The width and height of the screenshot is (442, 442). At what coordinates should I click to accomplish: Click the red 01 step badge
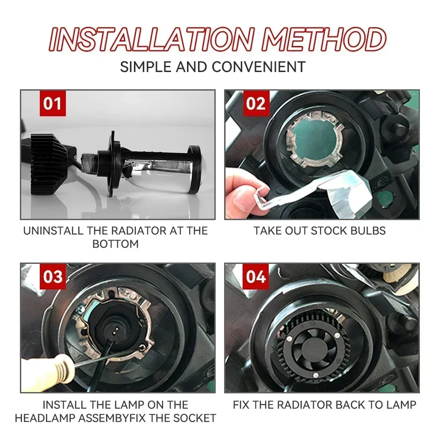coord(53,103)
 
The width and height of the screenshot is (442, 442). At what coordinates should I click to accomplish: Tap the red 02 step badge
coord(256,103)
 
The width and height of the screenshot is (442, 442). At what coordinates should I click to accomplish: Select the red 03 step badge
coord(53,277)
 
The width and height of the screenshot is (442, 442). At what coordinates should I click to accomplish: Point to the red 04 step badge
coord(256,277)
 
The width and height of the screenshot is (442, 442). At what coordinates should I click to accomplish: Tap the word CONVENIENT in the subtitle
coord(259,67)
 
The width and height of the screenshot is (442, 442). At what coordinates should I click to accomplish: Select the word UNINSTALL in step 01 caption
coord(53,231)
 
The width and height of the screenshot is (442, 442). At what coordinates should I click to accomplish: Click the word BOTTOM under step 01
coord(115,244)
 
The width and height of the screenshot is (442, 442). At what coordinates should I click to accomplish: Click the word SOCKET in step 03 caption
coord(194,418)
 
